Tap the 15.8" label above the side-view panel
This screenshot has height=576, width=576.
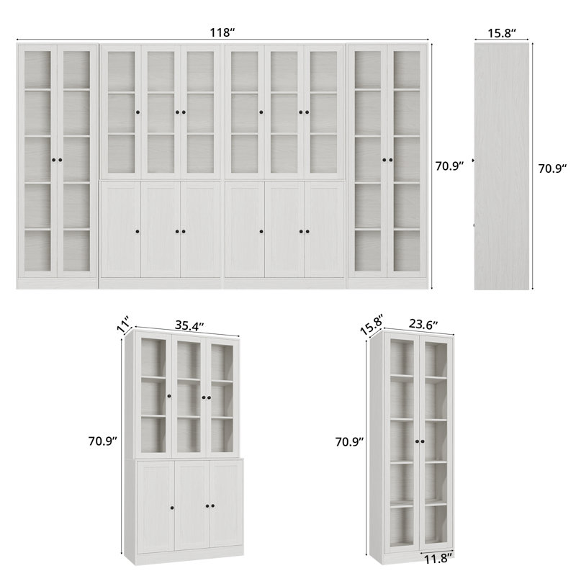(503, 32)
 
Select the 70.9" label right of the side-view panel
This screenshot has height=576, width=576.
(553, 169)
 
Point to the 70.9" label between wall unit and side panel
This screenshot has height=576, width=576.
(451, 165)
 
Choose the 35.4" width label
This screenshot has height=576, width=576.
(189, 325)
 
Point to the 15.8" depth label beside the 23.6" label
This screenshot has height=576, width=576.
(372, 324)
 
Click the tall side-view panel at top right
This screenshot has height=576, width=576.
(503, 166)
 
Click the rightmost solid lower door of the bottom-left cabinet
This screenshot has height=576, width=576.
(225, 506)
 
